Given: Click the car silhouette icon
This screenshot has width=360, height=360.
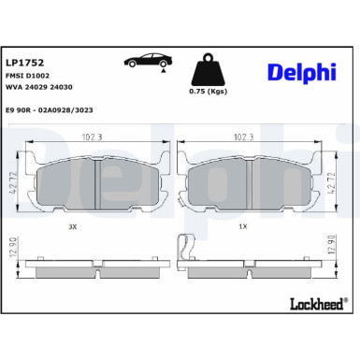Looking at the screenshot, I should (x=148, y=61).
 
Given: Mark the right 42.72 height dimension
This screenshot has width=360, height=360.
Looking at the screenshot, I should (x=347, y=174).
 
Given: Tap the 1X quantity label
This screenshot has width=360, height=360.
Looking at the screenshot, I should (x=243, y=225).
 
